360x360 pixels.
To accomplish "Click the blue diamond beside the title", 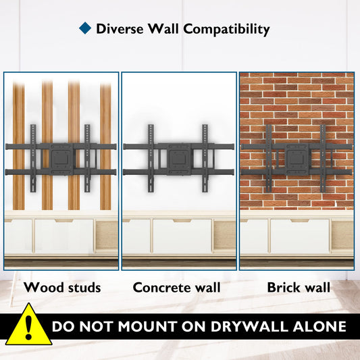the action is click(x=85, y=28).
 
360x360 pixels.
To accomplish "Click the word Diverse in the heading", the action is click(x=120, y=29).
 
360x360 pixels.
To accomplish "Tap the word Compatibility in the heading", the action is click(x=226, y=30).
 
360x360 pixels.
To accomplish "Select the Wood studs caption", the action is click(x=62, y=288).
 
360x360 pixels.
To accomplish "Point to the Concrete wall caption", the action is click(x=176, y=288).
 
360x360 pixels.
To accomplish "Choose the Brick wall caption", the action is click(x=299, y=288).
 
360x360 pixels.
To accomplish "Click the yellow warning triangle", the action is click(x=28, y=325).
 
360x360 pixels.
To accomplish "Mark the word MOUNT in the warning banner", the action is click(x=149, y=326).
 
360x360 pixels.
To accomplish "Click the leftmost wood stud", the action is click(x=19, y=146).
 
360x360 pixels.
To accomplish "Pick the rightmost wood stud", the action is click(x=105, y=147).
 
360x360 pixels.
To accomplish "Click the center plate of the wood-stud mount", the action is click(x=61, y=159).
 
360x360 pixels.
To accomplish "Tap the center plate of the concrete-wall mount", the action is click(x=179, y=159).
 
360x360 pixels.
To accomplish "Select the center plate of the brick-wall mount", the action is click(x=297, y=159).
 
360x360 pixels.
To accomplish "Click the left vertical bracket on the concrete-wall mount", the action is click(x=151, y=158).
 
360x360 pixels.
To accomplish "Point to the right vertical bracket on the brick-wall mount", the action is click(x=323, y=158).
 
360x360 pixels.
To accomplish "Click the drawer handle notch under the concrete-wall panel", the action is click(x=182, y=221).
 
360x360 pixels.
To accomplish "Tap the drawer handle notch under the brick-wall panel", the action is click(x=300, y=221).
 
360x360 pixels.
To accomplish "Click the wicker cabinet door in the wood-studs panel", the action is click(x=107, y=235).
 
